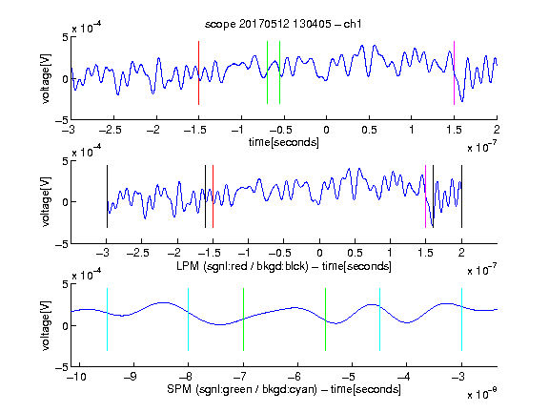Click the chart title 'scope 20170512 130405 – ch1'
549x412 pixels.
click(283, 24)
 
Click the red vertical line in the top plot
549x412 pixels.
click(198, 72)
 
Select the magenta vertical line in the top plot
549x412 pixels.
click(454, 72)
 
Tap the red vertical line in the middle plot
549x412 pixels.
click(213, 196)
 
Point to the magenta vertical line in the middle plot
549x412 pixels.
click(425, 196)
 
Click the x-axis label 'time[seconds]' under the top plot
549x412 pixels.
click(284, 142)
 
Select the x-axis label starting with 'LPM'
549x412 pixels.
click(284, 266)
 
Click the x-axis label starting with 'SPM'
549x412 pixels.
click(284, 389)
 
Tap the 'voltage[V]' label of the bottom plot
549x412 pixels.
click(46, 325)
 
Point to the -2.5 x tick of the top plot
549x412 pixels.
click(110, 131)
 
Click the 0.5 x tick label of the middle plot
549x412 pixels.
click(355, 253)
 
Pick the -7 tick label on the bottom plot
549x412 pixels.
click(240, 377)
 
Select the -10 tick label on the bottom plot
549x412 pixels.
click(75, 377)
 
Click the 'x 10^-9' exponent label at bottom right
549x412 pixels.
click(481, 394)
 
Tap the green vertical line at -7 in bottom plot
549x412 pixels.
click(243, 319)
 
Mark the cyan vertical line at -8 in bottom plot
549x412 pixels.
click(188, 319)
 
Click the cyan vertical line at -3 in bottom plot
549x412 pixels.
click(461, 319)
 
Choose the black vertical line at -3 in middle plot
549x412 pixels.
click(107, 196)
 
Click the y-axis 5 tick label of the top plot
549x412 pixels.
click(66, 37)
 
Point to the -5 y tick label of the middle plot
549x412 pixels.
click(61, 244)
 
